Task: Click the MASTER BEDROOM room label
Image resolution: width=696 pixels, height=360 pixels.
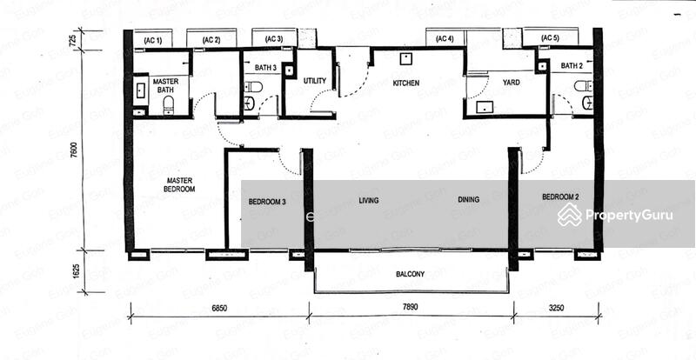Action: (181, 184)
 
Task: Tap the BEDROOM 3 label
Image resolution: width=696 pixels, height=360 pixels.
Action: (267, 202)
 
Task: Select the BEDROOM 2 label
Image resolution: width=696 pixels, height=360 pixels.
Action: (560, 197)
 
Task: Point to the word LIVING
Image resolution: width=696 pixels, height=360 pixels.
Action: (369, 201)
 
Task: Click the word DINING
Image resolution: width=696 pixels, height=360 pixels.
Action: (469, 200)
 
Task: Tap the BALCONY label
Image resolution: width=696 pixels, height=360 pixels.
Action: (410, 274)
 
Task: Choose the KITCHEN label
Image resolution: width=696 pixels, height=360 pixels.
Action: (405, 83)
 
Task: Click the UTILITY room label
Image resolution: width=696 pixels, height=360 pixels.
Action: (315, 81)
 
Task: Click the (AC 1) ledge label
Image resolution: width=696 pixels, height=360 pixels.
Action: (153, 41)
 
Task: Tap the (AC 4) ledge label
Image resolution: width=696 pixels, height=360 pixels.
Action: (445, 39)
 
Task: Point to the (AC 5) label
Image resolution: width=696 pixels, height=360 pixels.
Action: (550, 38)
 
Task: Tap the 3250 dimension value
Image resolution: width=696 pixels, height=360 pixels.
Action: (555, 308)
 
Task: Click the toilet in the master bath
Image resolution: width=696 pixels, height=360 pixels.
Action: (168, 105)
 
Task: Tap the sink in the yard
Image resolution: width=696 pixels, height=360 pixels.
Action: (484, 107)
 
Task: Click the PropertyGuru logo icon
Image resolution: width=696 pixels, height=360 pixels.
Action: (570, 216)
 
